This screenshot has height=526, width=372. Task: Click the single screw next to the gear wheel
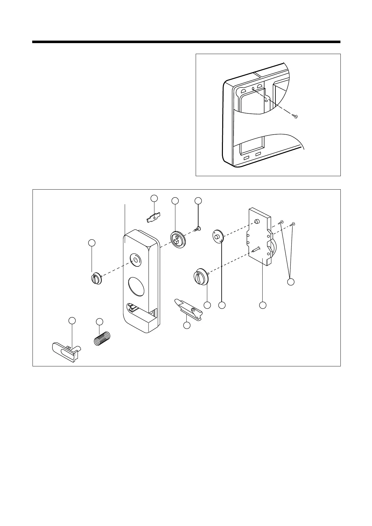click(x=197, y=229)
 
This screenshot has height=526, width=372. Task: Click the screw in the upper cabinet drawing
click(x=295, y=116)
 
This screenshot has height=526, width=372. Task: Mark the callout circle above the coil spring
click(x=99, y=321)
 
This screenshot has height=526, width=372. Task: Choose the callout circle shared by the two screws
click(x=291, y=282)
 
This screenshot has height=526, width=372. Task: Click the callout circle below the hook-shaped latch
click(x=187, y=325)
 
